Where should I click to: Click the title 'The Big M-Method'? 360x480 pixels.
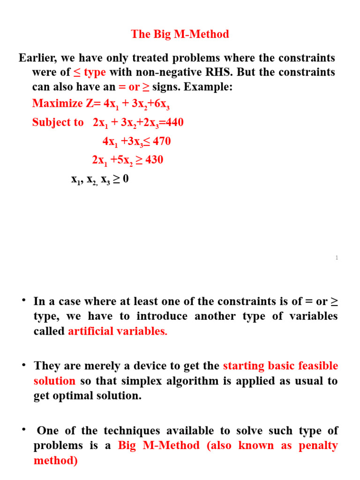[x=180, y=34]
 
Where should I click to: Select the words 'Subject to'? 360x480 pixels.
[x=58, y=122]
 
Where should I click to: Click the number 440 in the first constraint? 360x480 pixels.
[x=172, y=122]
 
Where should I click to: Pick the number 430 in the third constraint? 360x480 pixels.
[x=154, y=160]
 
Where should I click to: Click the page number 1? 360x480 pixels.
[x=337, y=258]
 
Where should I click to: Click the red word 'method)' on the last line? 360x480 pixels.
[x=55, y=461]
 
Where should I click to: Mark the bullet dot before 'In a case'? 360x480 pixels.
[x=23, y=300]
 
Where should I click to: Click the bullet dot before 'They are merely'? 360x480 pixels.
[x=23, y=364]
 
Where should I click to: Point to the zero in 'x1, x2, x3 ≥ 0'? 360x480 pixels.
[x=125, y=179]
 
